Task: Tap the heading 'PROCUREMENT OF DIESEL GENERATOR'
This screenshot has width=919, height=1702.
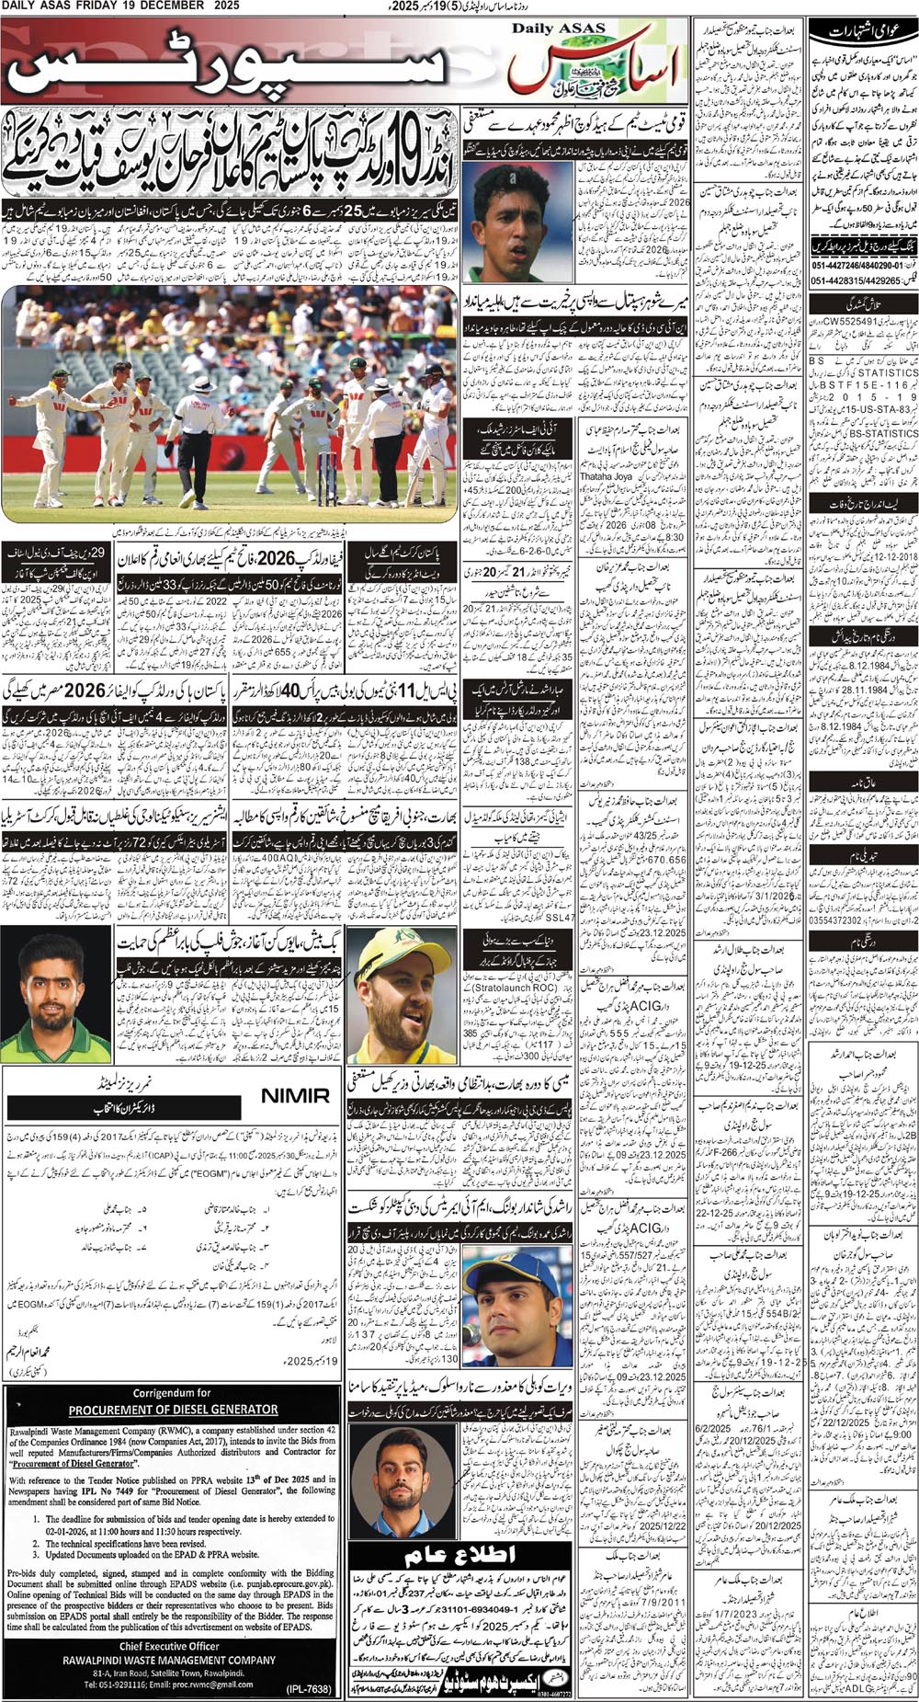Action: point(173,1409)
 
